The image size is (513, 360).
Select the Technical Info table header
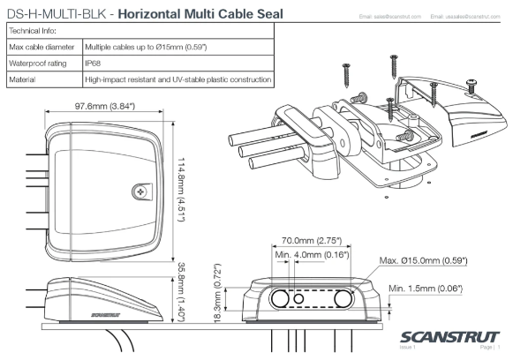(x=30, y=31)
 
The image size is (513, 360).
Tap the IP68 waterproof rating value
(x=93, y=64)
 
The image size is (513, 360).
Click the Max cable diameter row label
(x=41, y=47)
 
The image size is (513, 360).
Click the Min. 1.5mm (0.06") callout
(x=426, y=288)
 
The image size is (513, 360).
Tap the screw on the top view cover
(x=139, y=191)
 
